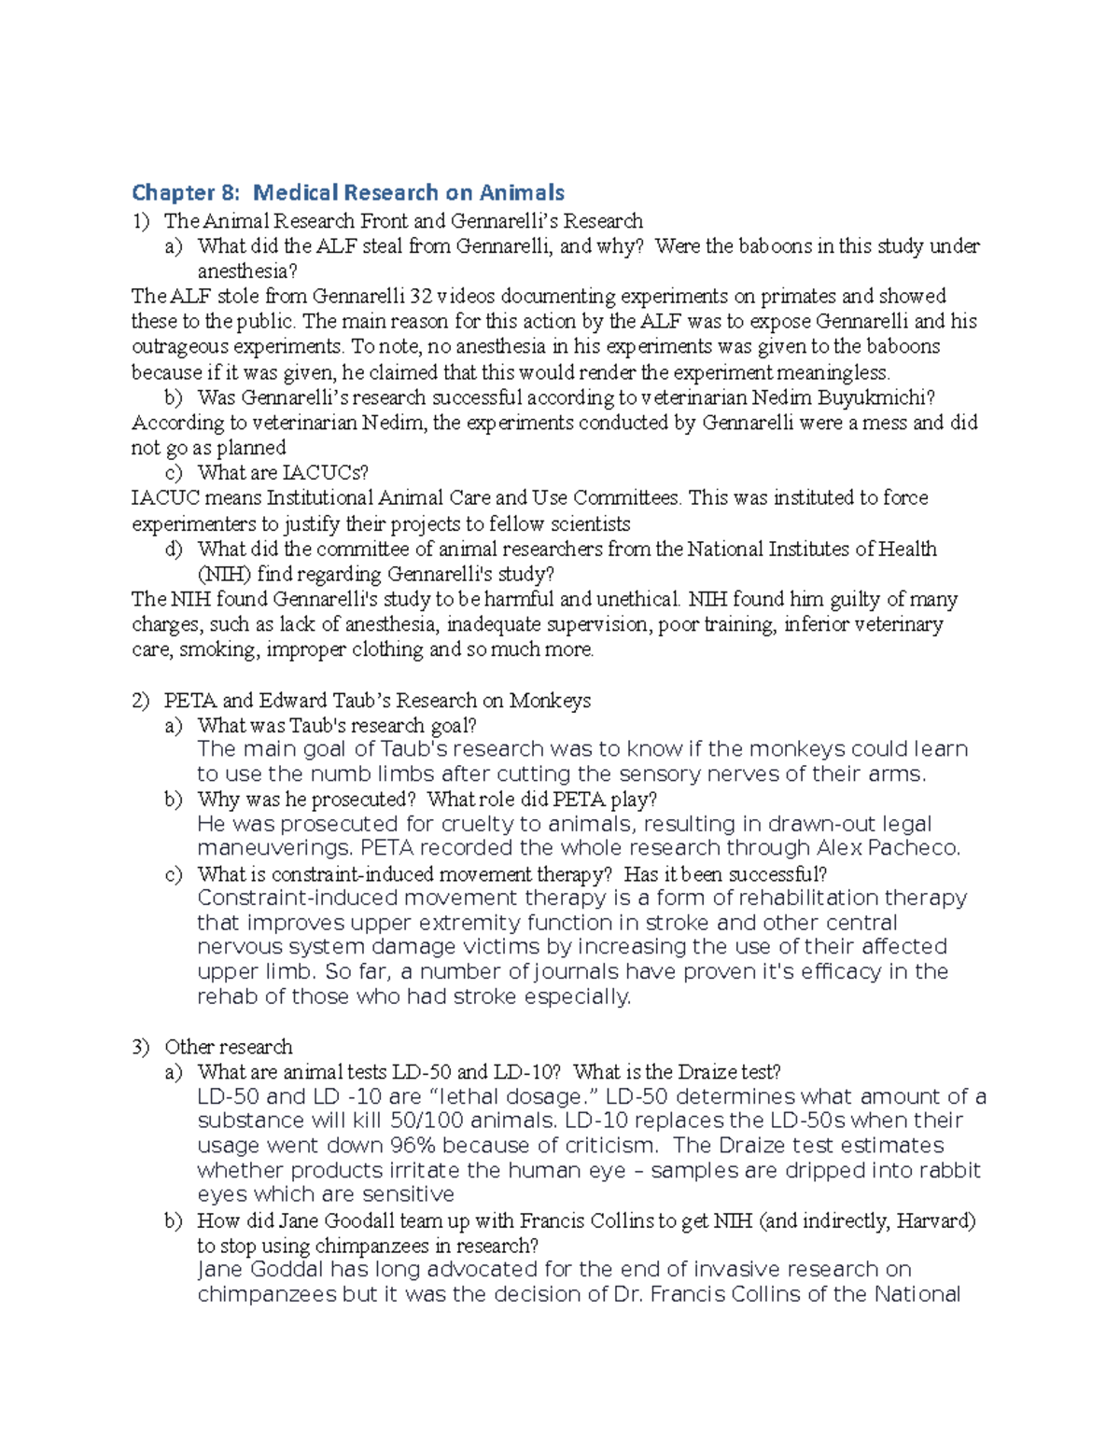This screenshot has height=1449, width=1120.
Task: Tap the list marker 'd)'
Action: (174, 549)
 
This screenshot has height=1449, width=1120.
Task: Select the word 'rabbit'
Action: (949, 1171)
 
